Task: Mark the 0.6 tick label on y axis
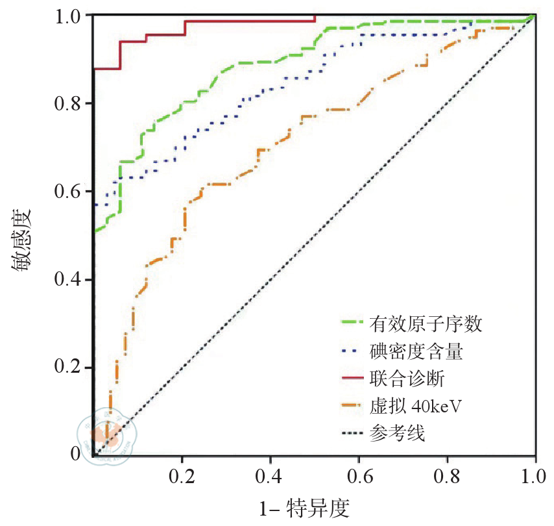pyautogui.click(x=69, y=192)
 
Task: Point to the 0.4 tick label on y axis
pyautogui.click(x=69, y=280)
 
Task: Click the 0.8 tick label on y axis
pyautogui.click(x=69, y=103)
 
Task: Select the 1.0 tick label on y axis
pyautogui.click(x=69, y=15)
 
